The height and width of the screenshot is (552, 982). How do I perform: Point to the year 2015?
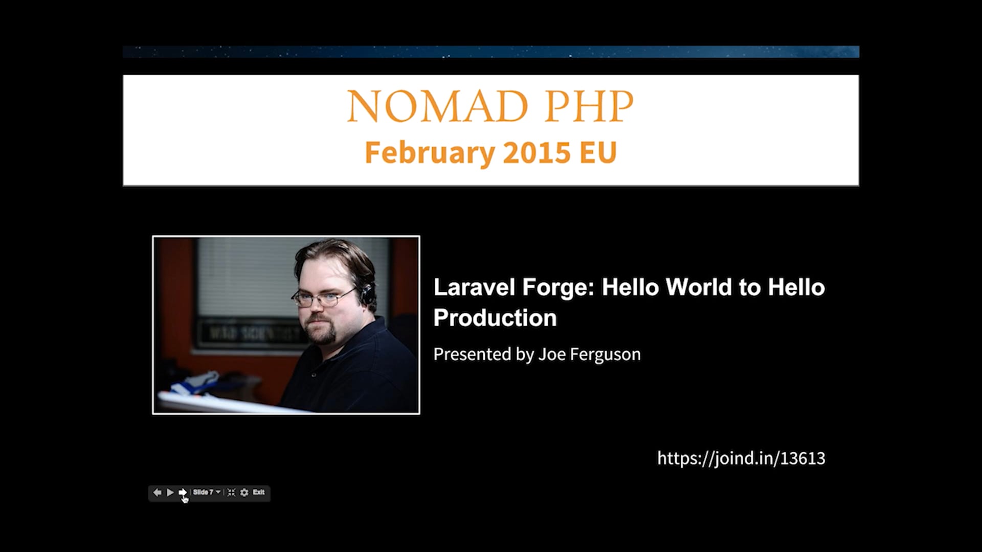537,152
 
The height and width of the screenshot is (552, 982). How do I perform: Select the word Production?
495,318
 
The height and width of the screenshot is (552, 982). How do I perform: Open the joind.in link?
741,458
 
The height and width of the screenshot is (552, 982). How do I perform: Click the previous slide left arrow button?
157,492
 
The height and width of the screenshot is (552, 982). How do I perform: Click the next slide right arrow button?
183,492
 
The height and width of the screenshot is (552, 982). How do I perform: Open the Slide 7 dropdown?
207,492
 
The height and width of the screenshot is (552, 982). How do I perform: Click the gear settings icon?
244,492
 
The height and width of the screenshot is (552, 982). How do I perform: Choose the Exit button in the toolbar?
259,492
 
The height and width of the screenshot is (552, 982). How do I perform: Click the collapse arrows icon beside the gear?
231,492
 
